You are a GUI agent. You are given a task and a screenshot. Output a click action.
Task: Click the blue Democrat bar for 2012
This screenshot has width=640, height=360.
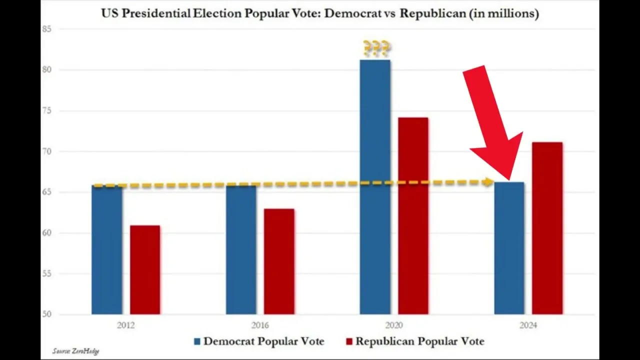pyautogui.click(x=106, y=250)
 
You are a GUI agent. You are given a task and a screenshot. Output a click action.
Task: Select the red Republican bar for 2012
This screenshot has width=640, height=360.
pyautogui.click(x=145, y=270)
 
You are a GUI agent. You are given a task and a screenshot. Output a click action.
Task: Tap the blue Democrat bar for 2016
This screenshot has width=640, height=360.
pyautogui.click(x=241, y=250)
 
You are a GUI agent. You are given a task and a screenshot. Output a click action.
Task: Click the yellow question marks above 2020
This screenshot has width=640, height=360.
pyautogui.click(x=376, y=48)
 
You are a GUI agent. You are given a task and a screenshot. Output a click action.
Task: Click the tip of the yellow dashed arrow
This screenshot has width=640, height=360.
pyautogui.click(x=492, y=182)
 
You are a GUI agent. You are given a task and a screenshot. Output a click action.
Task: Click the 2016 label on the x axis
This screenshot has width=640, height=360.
pyautogui.click(x=260, y=325)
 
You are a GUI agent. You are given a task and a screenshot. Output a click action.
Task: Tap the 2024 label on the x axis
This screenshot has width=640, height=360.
pyautogui.click(x=528, y=325)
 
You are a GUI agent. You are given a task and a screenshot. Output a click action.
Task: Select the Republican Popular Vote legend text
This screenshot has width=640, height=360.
pyautogui.click(x=419, y=341)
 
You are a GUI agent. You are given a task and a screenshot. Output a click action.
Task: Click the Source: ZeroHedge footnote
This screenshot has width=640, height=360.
pyautogui.click(x=75, y=351)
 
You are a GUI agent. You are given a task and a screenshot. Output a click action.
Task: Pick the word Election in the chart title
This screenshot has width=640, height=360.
pyautogui.click(x=216, y=13)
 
